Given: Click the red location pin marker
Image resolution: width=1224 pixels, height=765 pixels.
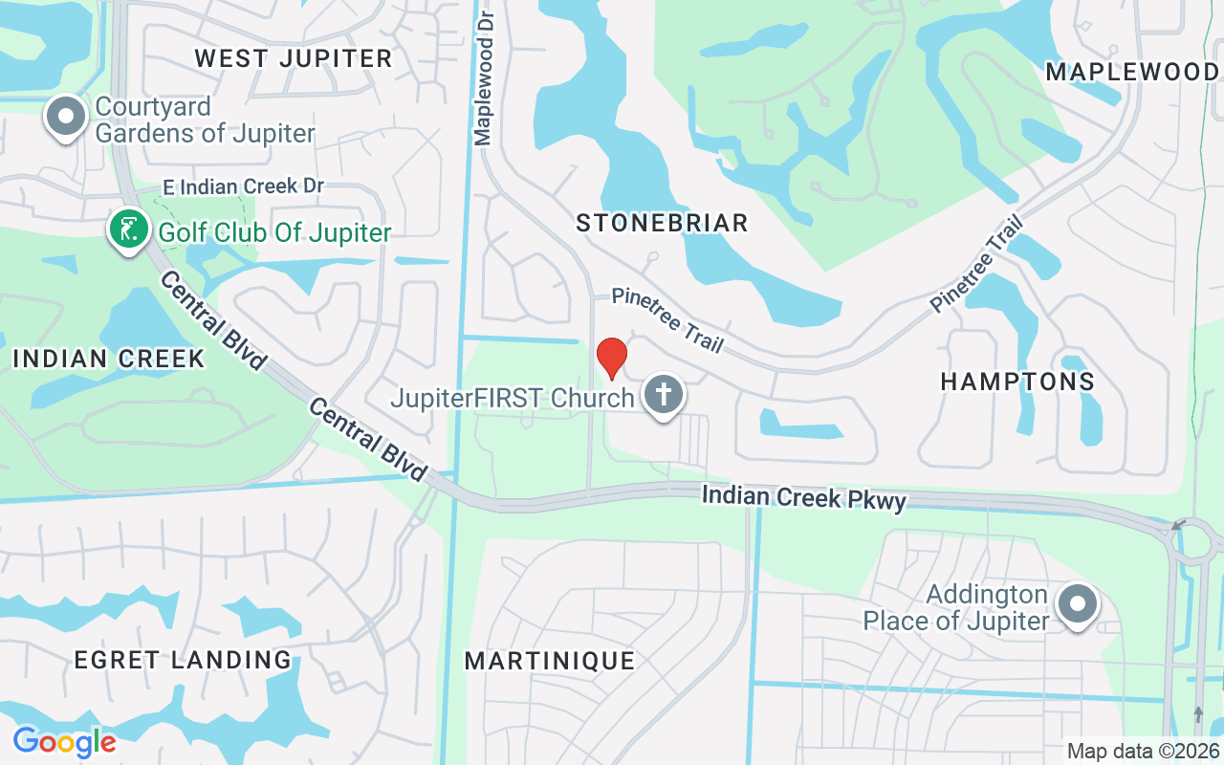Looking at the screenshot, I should tap(611, 358).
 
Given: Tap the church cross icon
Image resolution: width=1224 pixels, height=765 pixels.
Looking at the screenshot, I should tap(662, 394).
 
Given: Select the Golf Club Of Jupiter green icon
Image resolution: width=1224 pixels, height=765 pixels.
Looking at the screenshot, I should tap(128, 229).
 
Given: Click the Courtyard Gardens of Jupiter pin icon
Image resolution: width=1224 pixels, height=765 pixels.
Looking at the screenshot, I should tap(66, 117).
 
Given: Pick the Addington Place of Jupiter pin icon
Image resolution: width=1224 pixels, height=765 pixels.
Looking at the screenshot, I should tap(1078, 604).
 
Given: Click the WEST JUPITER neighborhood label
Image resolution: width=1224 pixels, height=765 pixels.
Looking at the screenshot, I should tap(294, 58).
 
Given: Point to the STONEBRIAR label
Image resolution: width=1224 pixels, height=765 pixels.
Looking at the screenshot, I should tap(662, 224).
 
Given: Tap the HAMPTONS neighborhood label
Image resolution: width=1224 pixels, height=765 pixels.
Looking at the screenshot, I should tap(1017, 382).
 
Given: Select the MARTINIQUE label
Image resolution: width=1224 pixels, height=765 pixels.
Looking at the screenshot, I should tap(550, 661).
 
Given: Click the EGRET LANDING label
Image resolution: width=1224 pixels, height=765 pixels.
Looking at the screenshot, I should tap(183, 660).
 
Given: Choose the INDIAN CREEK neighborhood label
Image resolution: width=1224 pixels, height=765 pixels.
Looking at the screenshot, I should tap(109, 359).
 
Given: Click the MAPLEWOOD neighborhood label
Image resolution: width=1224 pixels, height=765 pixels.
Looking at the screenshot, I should tap(1131, 72).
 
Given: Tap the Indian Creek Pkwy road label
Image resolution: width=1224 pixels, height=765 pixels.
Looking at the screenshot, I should tap(803, 498).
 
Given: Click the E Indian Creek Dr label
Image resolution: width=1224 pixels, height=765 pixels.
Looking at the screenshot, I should tap(244, 186).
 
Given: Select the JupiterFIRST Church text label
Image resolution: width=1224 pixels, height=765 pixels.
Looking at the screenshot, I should tap(513, 397).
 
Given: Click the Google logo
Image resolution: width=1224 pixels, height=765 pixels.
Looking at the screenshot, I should tap(64, 741).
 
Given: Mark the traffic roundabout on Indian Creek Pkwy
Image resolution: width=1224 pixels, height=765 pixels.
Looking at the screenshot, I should tap(1192, 542).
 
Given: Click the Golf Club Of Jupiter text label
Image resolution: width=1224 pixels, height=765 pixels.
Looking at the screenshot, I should tap(275, 232).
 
